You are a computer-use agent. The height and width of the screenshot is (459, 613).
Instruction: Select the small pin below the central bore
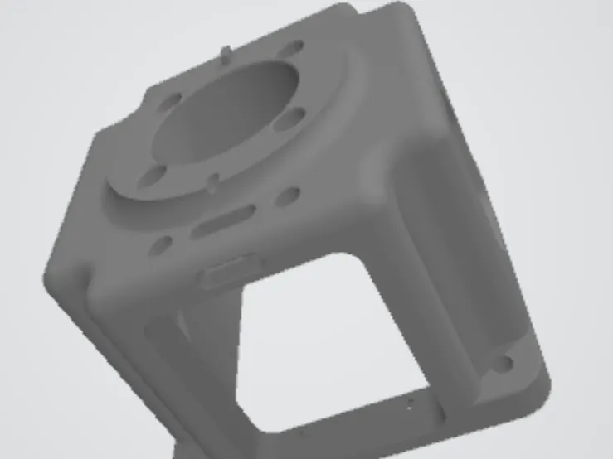click(x=212, y=180)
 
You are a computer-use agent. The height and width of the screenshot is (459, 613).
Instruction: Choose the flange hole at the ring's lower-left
click(x=153, y=176)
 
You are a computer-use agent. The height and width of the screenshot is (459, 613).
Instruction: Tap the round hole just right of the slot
click(x=288, y=196)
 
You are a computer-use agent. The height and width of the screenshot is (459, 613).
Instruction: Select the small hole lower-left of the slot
click(x=162, y=245)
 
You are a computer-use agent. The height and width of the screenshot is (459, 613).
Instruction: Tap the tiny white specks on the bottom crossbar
click(x=410, y=405)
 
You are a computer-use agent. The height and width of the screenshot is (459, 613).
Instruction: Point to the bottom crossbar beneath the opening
click(x=357, y=418)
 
